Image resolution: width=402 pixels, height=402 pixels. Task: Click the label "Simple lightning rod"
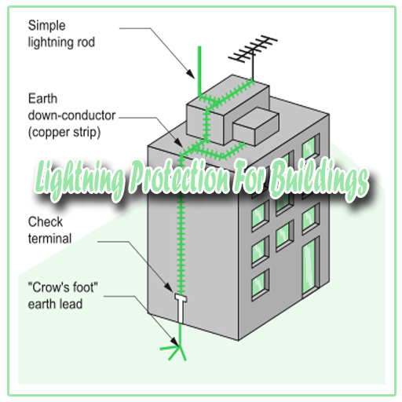point(61,34)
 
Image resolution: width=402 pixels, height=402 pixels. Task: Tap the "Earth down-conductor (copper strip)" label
point(71,115)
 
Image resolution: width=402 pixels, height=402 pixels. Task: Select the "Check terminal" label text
point(49,230)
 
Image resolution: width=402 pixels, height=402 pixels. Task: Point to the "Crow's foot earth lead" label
point(63,296)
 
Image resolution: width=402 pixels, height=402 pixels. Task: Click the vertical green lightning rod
point(199,71)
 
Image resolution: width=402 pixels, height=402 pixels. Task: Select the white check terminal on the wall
point(181,309)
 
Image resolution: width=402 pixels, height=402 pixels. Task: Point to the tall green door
point(310,267)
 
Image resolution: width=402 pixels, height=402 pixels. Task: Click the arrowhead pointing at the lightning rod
point(192,74)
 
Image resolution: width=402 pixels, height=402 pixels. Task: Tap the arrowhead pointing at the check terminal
point(169,287)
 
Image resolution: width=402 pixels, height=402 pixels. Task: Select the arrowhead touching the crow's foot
point(175,342)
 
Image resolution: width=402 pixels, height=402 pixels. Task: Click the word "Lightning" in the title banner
point(79,181)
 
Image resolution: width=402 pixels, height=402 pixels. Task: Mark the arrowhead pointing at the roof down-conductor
point(179,142)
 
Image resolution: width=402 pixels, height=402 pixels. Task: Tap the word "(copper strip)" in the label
point(64,133)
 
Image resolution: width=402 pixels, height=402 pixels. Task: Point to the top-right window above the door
point(311,147)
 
